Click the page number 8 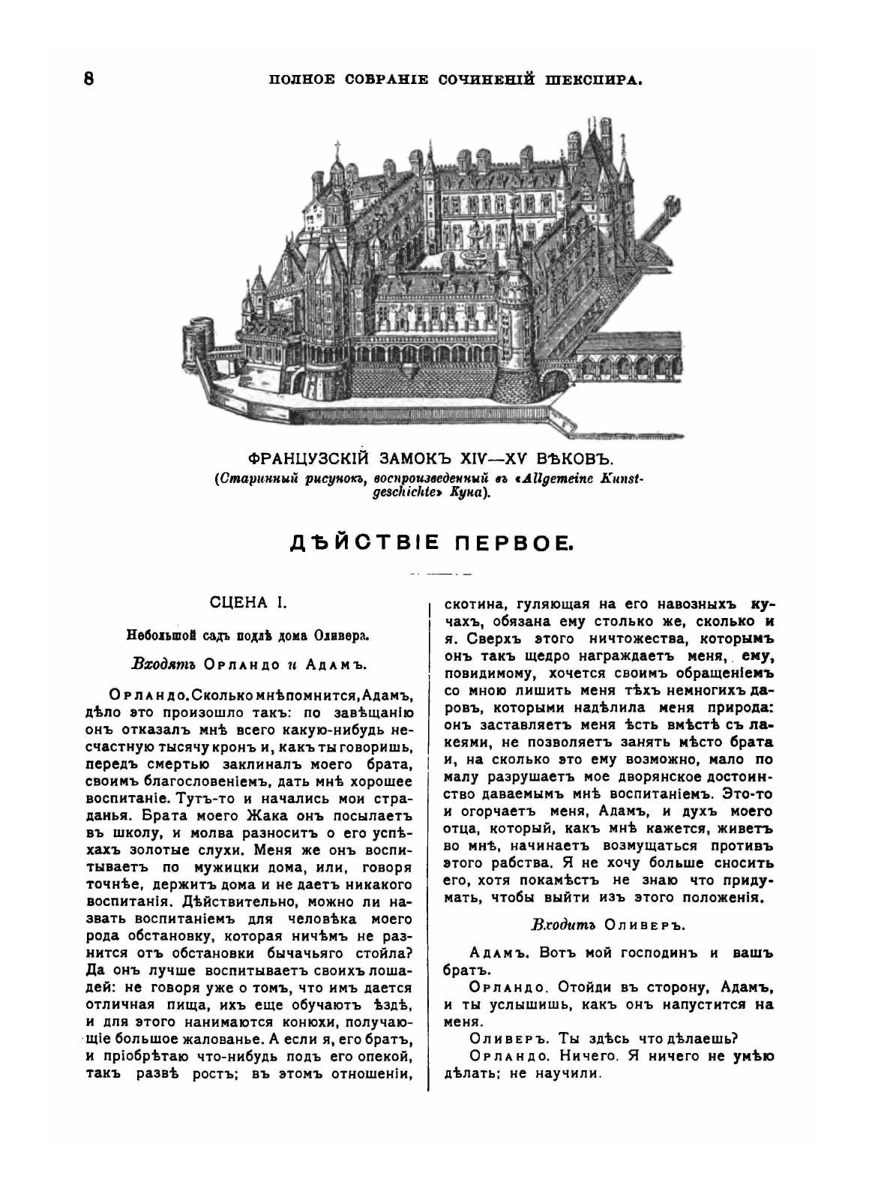tap(88, 78)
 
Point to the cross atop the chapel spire tap(337, 145)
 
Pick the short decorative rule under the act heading tap(441, 574)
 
